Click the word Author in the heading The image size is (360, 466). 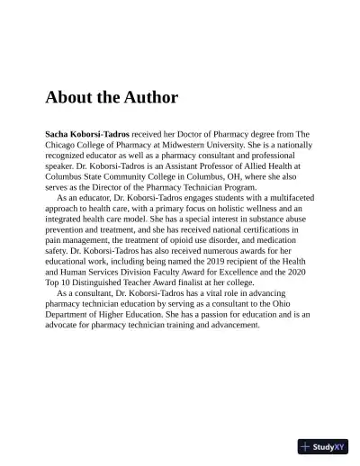tap(148, 97)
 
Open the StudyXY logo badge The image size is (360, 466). tap(322, 446)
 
